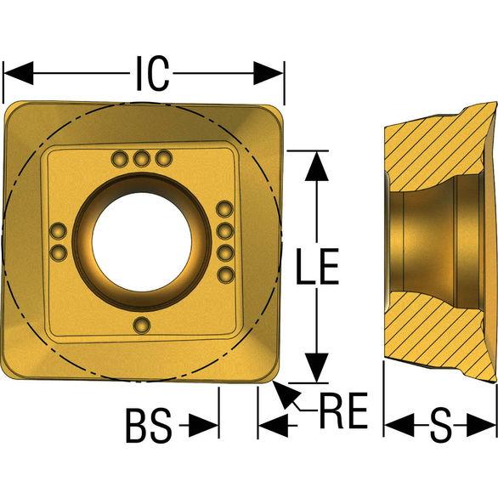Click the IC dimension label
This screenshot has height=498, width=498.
click(152, 73)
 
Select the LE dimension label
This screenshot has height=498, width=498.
click(317, 266)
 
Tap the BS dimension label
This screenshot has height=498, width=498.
click(149, 426)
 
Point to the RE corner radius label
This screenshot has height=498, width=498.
click(344, 410)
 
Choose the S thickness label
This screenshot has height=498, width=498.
click(440, 425)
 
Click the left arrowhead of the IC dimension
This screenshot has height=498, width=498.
click(19, 73)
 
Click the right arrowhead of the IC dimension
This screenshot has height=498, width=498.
click(268, 73)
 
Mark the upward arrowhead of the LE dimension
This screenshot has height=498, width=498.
click(317, 166)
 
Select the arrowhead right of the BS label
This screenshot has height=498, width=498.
click(204, 425)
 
